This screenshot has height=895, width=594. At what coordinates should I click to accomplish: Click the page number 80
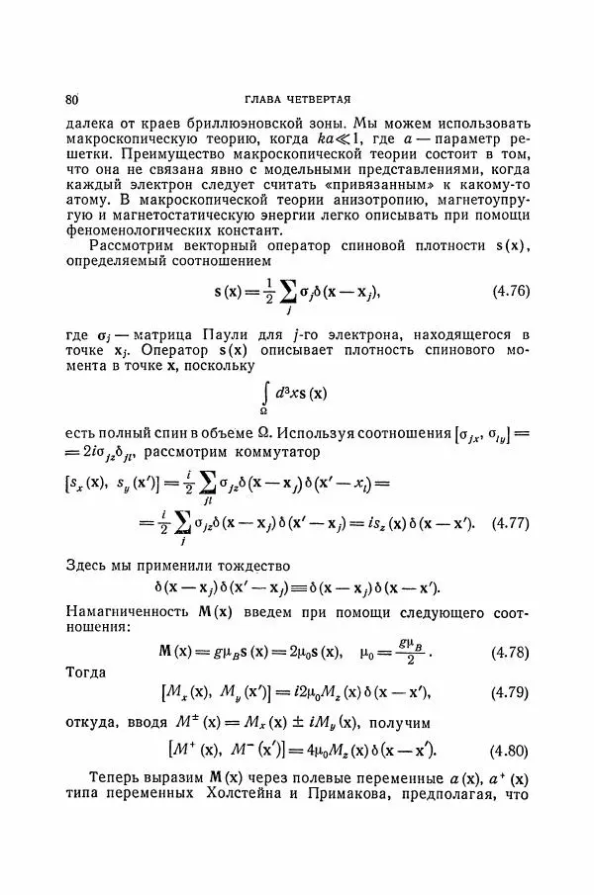(x=71, y=100)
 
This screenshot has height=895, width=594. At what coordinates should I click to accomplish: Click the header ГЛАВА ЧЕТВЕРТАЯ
(x=297, y=100)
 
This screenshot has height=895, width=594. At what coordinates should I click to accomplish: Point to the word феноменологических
(x=140, y=227)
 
